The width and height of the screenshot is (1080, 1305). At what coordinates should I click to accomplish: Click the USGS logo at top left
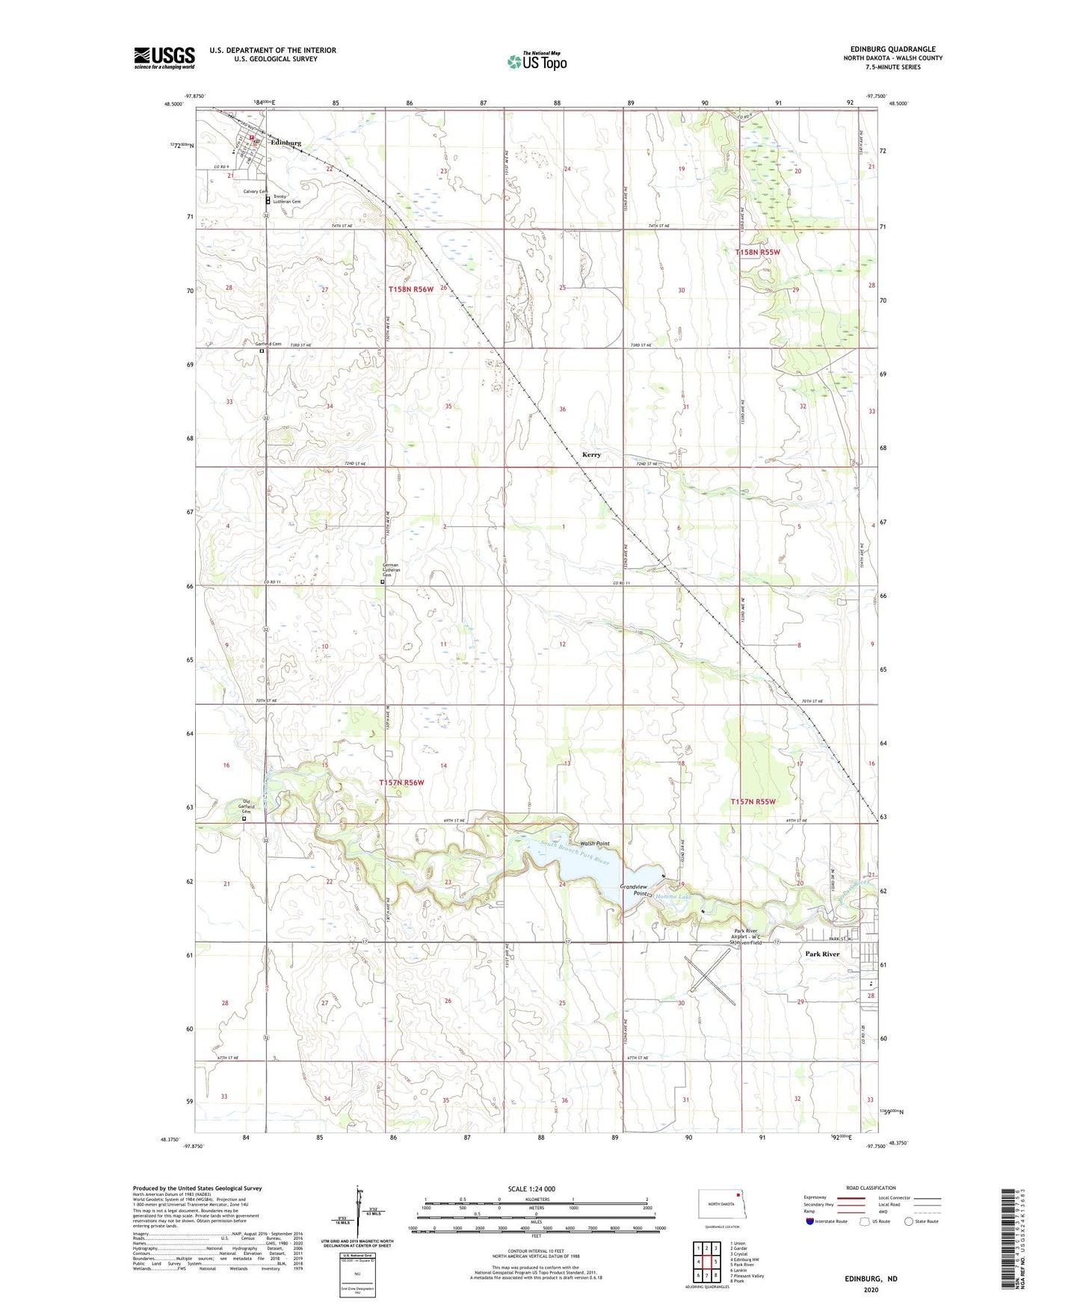pos(164,58)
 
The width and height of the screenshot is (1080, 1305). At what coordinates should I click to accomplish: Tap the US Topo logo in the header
pos(537,61)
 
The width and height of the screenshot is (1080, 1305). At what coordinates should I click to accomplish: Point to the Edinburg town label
pos(286,143)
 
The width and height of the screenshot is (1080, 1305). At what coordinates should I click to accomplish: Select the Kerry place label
pos(590,454)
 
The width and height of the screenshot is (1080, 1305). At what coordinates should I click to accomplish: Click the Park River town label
pos(822,954)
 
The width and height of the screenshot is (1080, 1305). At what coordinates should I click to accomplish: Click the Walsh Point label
pos(595,843)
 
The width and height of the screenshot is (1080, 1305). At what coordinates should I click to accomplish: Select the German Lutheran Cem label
pos(391,570)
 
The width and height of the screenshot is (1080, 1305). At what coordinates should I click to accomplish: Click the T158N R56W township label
pos(410,289)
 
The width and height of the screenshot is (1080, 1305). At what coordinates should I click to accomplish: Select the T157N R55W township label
pos(753,801)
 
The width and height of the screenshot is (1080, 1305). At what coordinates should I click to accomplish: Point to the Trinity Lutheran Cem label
pos(286,199)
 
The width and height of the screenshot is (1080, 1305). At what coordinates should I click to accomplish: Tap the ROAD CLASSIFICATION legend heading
pos(871,1188)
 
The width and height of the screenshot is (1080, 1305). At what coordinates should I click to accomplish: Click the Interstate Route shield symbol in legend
pos(809,1221)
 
